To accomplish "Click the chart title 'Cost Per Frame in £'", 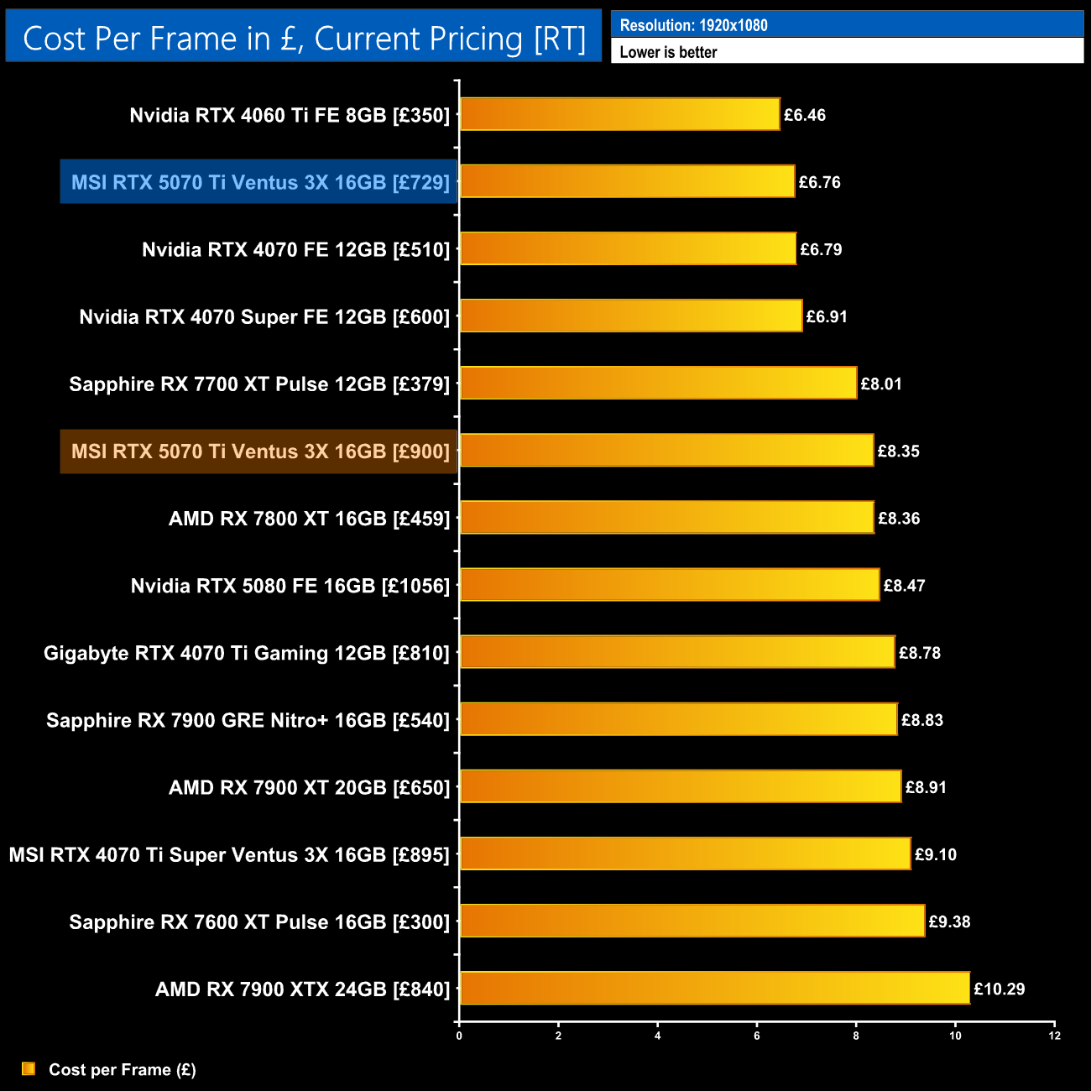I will coord(304,39).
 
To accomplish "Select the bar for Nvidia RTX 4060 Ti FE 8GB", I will coord(620,114).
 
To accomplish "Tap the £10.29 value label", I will coord(999,989).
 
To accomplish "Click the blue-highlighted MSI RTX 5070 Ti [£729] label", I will coord(259,182).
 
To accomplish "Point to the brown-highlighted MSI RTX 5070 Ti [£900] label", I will coord(259,452).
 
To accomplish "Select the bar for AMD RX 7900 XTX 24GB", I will coord(715,988).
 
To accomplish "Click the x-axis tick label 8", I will coord(856,1036).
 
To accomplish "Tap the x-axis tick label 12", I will coord(1054,1036).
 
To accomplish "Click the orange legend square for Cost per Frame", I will coord(29,1068).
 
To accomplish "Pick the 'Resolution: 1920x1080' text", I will coord(694,25).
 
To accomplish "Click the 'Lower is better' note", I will coord(668,52).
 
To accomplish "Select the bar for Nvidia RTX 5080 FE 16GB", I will coord(670,585).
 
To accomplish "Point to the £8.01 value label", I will coord(881,384).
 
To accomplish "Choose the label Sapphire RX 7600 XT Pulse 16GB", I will coord(259,921).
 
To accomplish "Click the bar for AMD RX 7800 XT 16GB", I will coord(667,518).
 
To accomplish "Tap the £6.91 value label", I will coord(827,316).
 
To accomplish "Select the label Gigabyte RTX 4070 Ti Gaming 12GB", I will coord(247,653).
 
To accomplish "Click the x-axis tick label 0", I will coord(459,1036).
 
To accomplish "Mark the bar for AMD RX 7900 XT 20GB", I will coord(681,786).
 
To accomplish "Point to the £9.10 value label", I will coord(935,854).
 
